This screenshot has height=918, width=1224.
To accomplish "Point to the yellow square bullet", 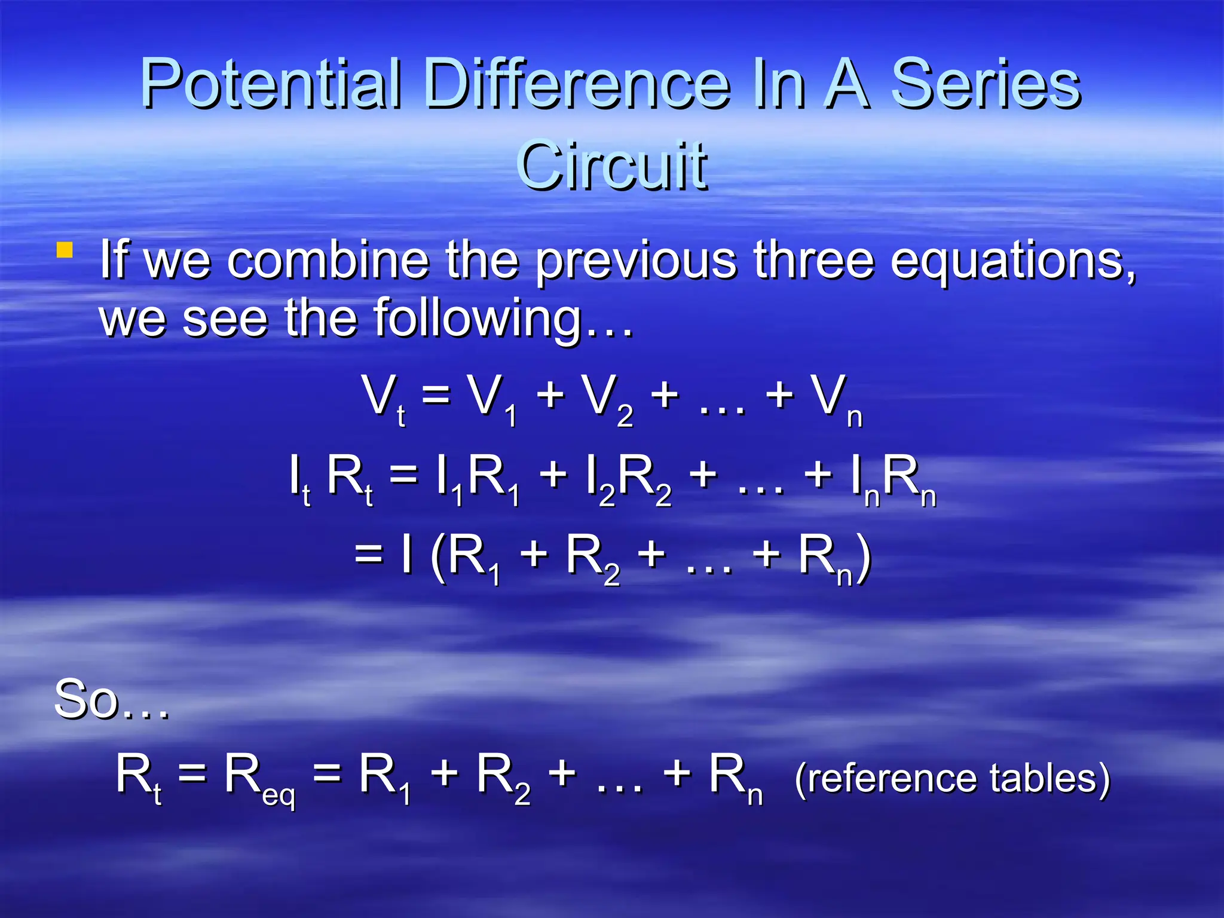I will (65, 250).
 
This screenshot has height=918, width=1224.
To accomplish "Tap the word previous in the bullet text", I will (636, 261).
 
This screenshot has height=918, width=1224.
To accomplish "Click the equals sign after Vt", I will (436, 395).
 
